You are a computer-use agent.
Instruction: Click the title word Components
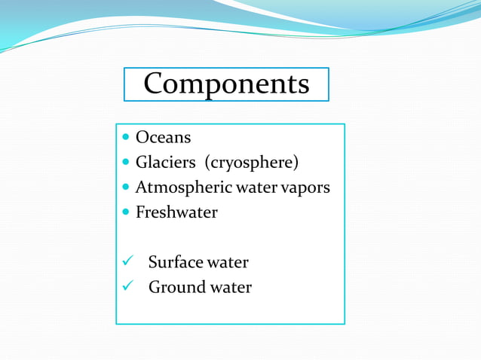click(x=226, y=84)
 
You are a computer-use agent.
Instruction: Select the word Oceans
click(x=163, y=138)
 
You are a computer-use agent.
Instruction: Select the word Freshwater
click(x=176, y=212)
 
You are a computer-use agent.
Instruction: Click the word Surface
click(x=176, y=262)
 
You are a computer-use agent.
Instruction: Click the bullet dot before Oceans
click(x=125, y=139)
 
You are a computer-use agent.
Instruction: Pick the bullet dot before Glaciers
click(x=125, y=163)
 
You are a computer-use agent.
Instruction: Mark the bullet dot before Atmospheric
click(x=125, y=188)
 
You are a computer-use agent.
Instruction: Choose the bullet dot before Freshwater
click(x=125, y=213)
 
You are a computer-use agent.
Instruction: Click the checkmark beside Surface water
click(x=127, y=262)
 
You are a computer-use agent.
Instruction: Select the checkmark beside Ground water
click(x=127, y=287)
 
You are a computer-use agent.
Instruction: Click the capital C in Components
click(x=154, y=84)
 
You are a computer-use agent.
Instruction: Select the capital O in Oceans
click(x=141, y=138)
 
